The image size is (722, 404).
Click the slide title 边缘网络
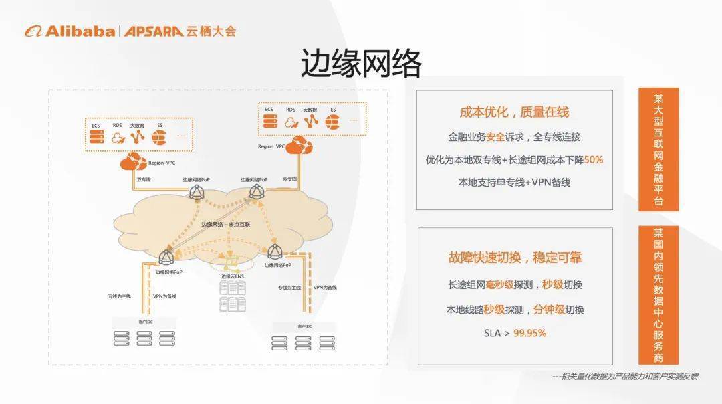click(360, 64)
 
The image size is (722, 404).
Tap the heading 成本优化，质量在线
click(514, 112)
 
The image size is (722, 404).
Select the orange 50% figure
click(593, 160)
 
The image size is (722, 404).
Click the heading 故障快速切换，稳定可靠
click(515, 258)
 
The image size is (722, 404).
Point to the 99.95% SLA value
click(530, 332)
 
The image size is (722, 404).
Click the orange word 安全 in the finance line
click(495, 137)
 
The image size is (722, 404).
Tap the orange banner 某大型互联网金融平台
click(658, 149)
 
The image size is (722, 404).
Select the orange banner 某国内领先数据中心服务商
click(658, 295)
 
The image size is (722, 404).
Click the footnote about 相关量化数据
click(625, 376)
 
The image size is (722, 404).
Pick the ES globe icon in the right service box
click(332, 122)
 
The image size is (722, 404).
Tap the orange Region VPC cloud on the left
click(133, 161)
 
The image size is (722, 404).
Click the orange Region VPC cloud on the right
click(299, 144)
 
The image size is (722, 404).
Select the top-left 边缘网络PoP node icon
click(197, 193)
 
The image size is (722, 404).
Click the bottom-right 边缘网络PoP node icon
click(275, 251)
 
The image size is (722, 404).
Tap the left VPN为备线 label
click(164, 296)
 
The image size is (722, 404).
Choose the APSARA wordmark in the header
click(153, 31)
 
